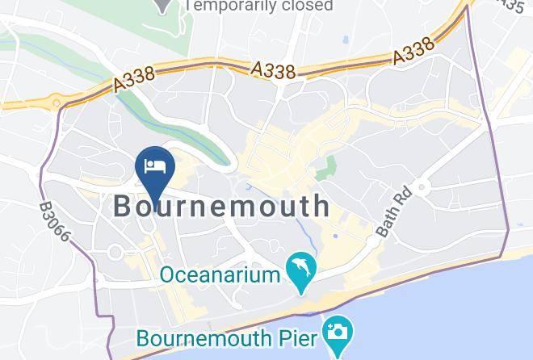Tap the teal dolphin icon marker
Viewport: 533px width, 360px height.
pos(300,273)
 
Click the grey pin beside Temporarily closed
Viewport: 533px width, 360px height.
pos(165,5)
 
